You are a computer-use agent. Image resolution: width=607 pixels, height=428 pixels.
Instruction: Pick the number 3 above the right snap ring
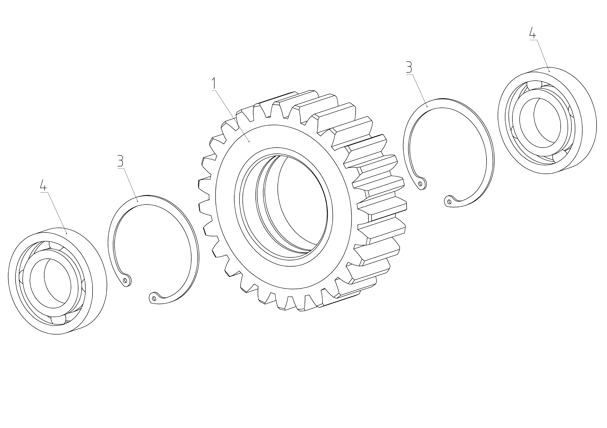point(409,67)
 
